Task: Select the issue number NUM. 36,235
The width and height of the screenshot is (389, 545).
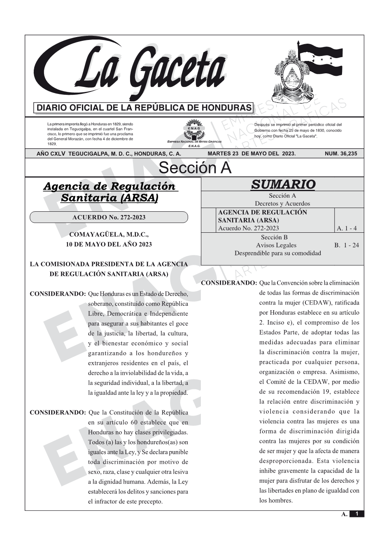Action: (341, 154)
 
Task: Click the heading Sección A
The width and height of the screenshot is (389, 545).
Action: (195, 168)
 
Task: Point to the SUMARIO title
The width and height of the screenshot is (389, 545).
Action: (283, 185)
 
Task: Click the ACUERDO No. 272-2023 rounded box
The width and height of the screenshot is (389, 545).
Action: (109, 218)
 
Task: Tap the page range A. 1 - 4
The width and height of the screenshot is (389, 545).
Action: (347, 228)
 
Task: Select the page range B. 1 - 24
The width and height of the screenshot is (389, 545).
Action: (346, 245)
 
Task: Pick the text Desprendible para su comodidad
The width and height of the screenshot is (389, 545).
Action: (277, 253)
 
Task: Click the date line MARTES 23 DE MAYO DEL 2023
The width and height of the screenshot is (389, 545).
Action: (252, 154)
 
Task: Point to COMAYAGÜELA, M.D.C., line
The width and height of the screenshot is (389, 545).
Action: (109, 235)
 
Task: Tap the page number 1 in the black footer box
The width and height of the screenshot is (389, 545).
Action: (357, 514)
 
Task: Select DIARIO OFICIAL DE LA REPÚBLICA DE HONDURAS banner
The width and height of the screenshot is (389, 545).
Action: (144, 108)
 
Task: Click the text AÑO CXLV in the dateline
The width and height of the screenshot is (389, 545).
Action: (51, 154)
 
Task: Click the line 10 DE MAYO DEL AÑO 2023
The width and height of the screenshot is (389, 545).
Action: (109, 244)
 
